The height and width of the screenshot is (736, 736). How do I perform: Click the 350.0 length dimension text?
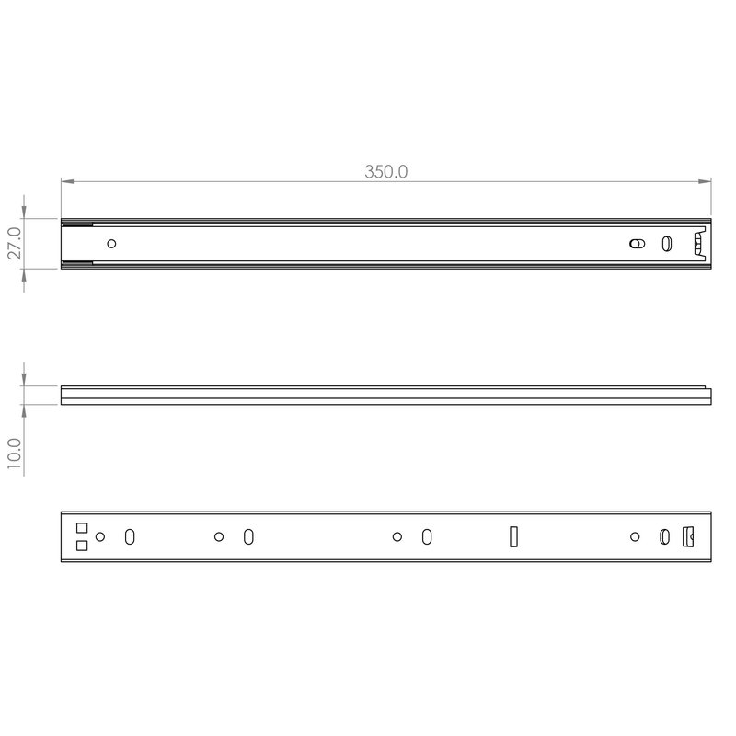pos(385,172)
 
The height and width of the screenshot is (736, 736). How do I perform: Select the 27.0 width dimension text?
pos(15,244)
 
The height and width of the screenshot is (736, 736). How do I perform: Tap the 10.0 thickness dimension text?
pos(15,454)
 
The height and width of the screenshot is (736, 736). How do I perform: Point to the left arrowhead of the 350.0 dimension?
pos(66,181)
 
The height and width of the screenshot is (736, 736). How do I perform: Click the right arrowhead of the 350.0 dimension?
pos(707,181)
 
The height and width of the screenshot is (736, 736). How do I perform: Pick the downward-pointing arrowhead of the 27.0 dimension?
pos(25,214)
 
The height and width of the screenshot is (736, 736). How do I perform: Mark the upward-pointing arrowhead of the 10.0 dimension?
pos(25,409)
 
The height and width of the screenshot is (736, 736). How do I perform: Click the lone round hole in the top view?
pos(112,244)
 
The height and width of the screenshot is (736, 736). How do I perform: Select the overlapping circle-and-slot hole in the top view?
pos(635,244)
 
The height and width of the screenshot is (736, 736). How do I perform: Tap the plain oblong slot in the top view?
pos(667,244)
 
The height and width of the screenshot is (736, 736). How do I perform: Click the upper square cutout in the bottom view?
pos(81,528)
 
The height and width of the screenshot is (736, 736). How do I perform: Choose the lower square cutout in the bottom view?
pos(81,546)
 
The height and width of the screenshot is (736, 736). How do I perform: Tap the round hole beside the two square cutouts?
pos(101,536)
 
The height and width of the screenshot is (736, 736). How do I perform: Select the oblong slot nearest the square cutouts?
pos(131,536)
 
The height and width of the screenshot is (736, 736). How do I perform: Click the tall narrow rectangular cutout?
pos(514,536)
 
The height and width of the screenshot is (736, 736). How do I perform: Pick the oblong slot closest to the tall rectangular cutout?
pos(427,536)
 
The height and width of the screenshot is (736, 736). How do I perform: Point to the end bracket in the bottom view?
pos(686,536)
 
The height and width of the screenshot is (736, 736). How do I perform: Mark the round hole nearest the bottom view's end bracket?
pos(634,536)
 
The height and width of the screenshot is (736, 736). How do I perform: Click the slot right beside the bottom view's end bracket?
pos(664,536)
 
